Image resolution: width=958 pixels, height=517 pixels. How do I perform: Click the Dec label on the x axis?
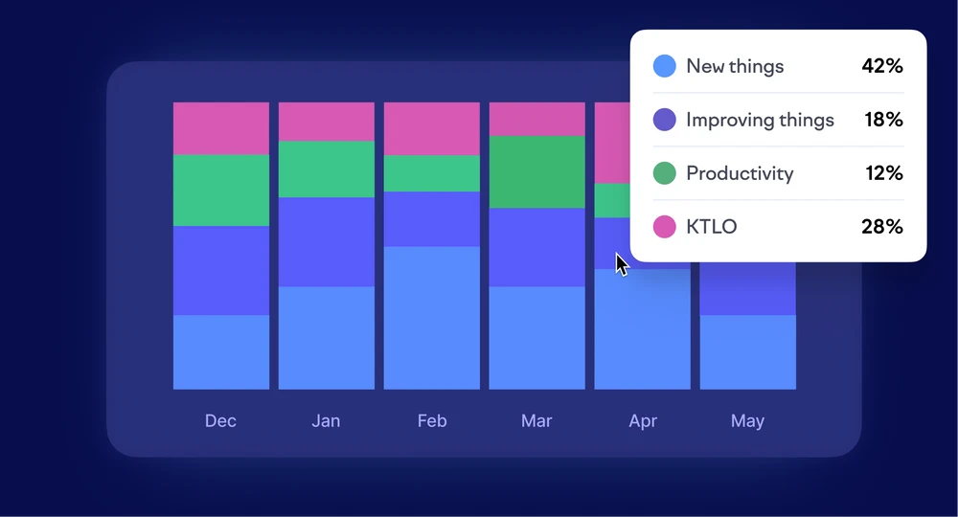pos(220,420)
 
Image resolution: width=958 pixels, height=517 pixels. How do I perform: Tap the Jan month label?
pos(326,420)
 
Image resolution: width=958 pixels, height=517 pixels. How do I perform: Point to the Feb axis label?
pos(432,420)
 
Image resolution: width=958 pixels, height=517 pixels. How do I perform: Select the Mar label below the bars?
pos(536,420)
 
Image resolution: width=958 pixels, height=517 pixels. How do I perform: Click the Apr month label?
pos(643,421)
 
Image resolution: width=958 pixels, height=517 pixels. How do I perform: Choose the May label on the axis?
pos(747,421)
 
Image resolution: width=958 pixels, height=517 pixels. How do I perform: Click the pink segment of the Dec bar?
pos(221,128)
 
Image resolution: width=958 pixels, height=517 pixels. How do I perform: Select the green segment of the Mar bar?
pos(537,172)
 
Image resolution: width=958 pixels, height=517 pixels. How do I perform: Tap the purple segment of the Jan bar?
pos(327,241)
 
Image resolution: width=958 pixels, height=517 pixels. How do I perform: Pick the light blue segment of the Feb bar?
pos(432,318)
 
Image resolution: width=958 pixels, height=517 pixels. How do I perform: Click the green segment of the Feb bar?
pos(432,173)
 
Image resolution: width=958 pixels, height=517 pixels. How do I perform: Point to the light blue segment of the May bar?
pos(748,352)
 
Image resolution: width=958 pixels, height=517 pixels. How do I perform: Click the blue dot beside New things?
pos(665,66)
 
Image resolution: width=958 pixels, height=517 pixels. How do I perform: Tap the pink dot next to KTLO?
pos(665,227)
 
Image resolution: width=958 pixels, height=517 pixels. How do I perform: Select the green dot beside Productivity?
pos(665,172)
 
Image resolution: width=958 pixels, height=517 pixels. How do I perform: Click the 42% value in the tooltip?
pos(882,66)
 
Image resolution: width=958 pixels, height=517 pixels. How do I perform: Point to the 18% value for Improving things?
pos(883,119)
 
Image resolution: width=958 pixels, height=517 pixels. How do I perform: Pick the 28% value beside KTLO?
pos(882,227)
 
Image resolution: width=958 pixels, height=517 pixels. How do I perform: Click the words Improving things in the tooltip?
pos(760,121)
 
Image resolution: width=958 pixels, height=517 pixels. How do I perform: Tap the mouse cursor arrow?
pos(621,265)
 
